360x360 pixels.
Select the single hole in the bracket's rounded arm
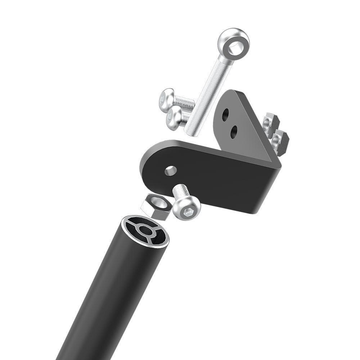[x=170, y=170]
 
